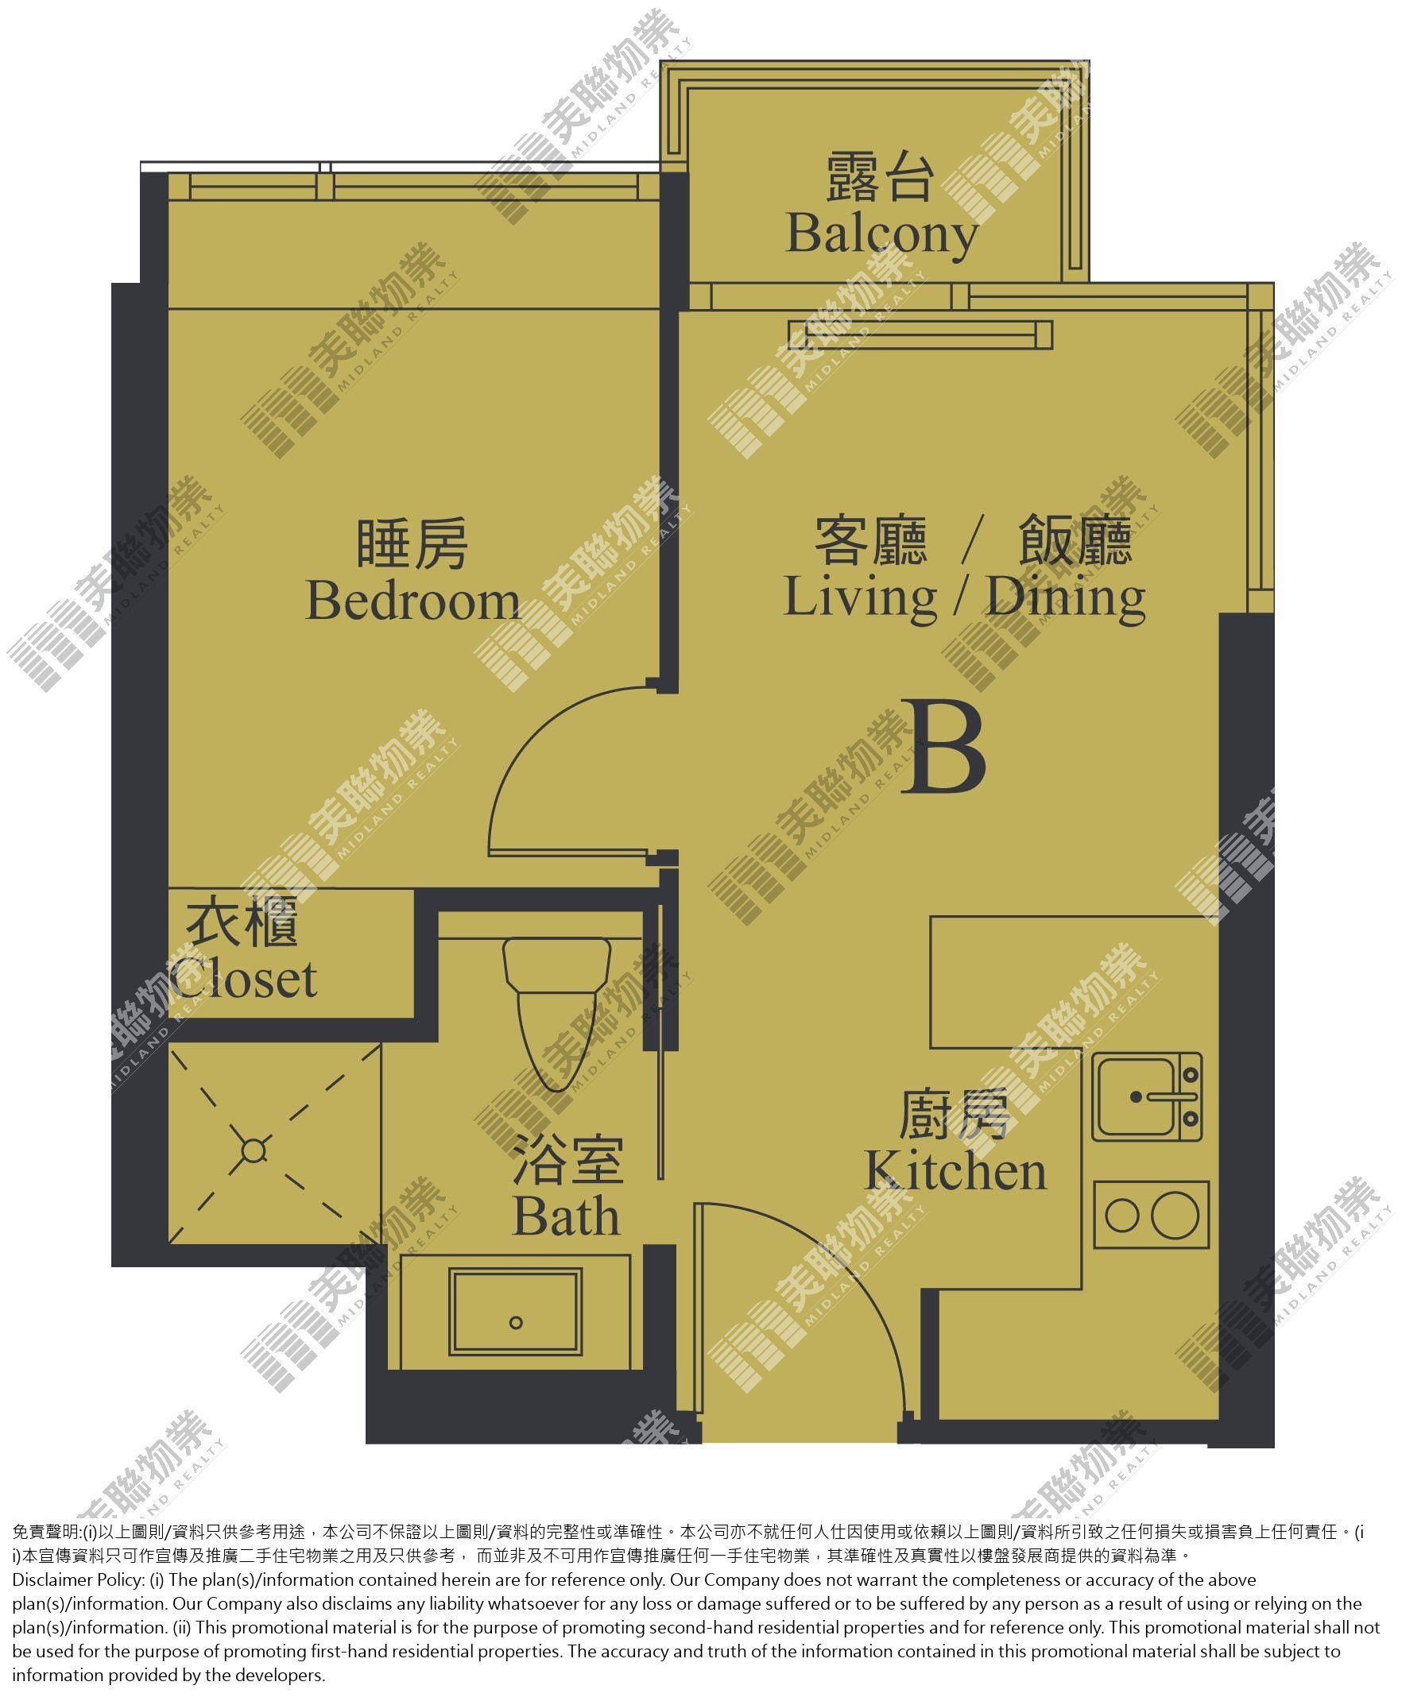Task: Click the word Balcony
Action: (x=882, y=236)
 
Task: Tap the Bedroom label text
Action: (x=412, y=601)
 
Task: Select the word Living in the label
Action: (x=861, y=599)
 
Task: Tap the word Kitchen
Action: (x=955, y=1172)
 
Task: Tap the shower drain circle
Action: (x=254, y=1151)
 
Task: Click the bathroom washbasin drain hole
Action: (x=516, y=1322)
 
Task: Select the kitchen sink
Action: (x=1147, y=1097)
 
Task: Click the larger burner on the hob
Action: (x=1175, y=1215)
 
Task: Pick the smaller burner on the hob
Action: (x=1121, y=1216)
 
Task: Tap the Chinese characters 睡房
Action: (x=412, y=545)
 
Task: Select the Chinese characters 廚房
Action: (x=955, y=1115)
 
